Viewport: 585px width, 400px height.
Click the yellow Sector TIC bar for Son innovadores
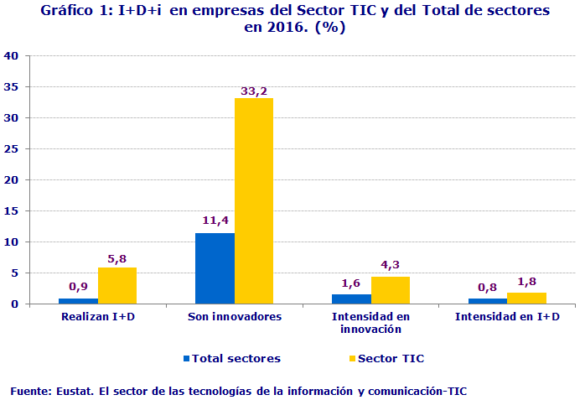(254, 200)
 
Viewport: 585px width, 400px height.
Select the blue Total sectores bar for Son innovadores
(215, 268)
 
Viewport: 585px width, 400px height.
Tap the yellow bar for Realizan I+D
(117, 285)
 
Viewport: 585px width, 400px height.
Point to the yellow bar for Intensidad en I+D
(526, 298)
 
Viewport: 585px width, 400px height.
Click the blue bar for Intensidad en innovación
(351, 299)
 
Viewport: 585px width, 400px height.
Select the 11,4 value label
(215, 221)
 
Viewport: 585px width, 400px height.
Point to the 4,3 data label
(391, 265)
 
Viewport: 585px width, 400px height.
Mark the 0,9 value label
(78, 287)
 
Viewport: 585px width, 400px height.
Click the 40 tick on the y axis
(12, 56)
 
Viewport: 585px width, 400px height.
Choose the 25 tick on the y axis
(12, 149)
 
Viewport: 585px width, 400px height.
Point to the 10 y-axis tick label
(12, 242)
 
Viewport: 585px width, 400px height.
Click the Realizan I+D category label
(98, 317)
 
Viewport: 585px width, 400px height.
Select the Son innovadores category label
(235, 317)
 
